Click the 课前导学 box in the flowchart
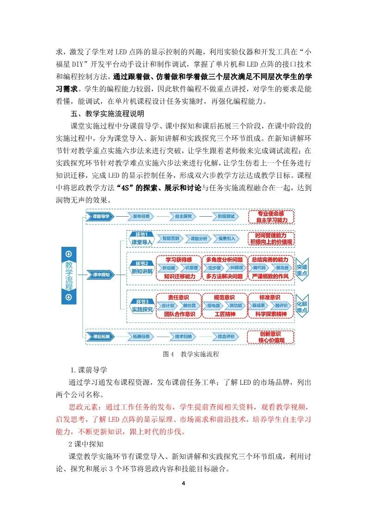pyautogui.click(x=100, y=216)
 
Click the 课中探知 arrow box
pyautogui.click(x=100, y=275)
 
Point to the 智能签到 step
pyautogui.click(x=169, y=238)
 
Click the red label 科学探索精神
pyautogui.click(x=270, y=314)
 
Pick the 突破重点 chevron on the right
pyautogui.click(x=302, y=269)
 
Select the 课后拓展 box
pyautogui.click(x=100, y=337)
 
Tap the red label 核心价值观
pyautogui.click(x=270, y=341)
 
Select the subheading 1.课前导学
pyautogui.click(x=89, y=370)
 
